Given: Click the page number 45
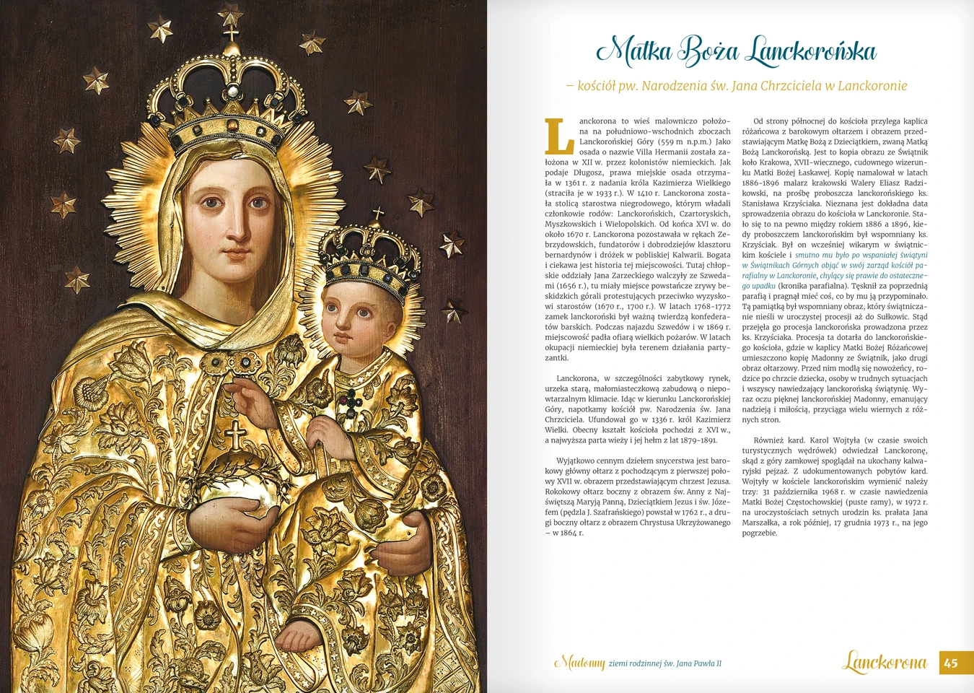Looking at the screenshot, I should click(951, 663).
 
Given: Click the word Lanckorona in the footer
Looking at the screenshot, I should click(885, 662).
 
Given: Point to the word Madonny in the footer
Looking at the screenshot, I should click(579, 663).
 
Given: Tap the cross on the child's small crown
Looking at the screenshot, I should click(377, 214).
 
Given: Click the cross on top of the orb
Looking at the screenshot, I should click(235, 435).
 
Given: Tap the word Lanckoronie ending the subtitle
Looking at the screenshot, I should click(872, 86).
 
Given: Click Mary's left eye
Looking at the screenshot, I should click(258, 204).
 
